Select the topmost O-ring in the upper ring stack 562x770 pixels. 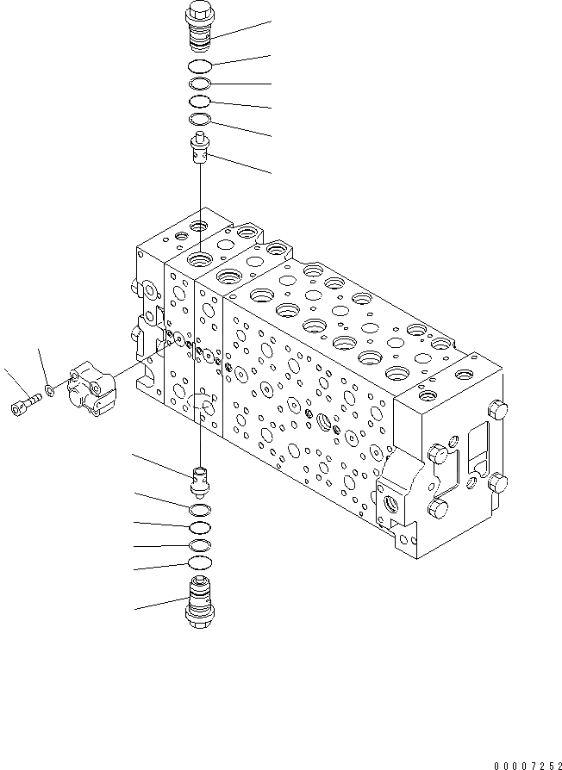pyautogui.click(x=199, y=66)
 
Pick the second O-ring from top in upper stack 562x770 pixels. pyautogui.click(x=199, y=84)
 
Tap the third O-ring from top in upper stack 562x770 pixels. pyautogui.click(x=199, y=102)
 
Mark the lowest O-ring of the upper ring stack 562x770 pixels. pyautogui.click(x=199, y=120)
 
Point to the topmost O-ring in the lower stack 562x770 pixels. pyautogui.click(x=200, y=508)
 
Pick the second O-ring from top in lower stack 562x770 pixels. pyautogui.click(x=200, y=526)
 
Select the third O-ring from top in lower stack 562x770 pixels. pyautogui.click(x=200, y=545)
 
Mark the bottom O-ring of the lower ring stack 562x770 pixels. pyautogui.click(x=200, y=563)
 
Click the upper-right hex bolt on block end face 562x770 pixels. pyautogui.click(x=497, y=409)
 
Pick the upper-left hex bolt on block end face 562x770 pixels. pyautogui.click(x=437, y=451)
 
